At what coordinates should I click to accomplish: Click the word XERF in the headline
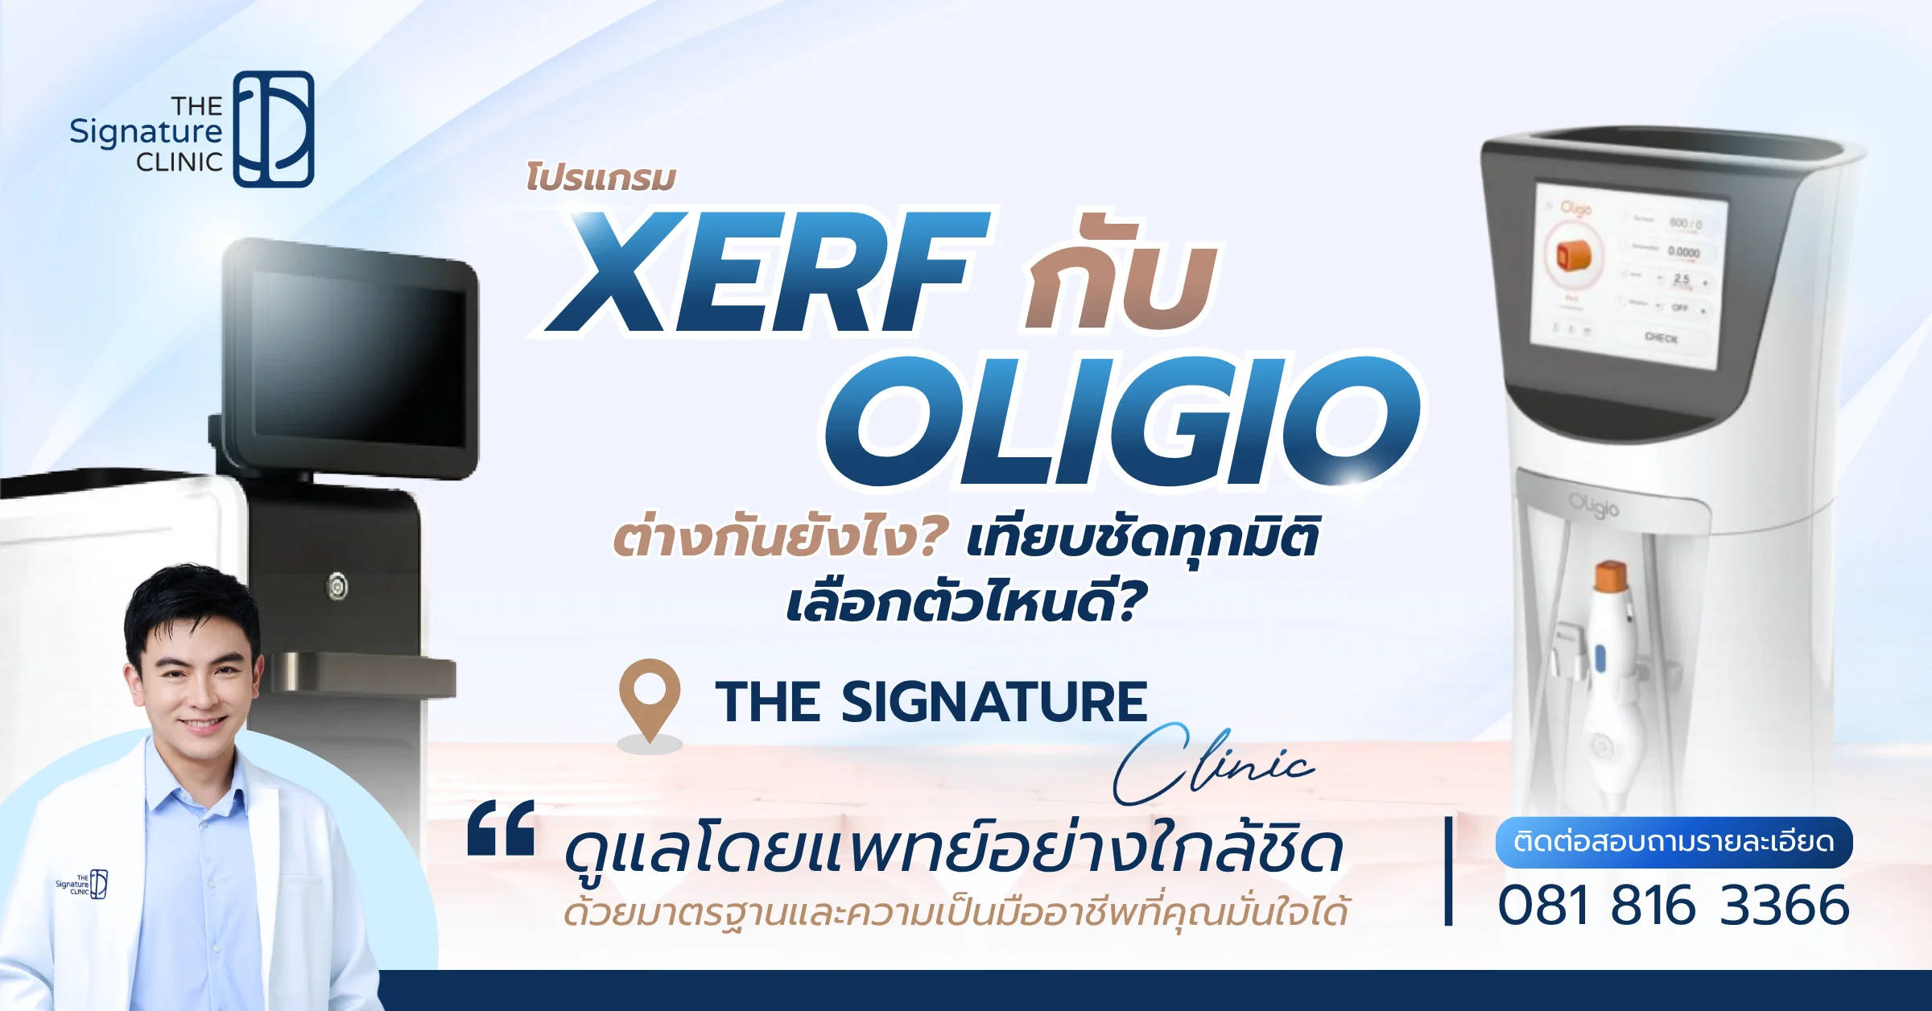[x=769, y=274]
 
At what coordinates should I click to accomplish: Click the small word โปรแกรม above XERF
[x=601, y=178]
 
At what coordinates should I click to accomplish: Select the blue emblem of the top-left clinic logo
[x=274, y=129]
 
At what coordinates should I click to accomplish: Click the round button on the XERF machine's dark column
[x=337, y=585]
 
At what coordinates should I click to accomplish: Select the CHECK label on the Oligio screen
[x=1661, y=338]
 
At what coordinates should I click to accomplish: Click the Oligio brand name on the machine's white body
[x=1593, y=506]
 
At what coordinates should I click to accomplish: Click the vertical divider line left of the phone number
[x=1448, y=871]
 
